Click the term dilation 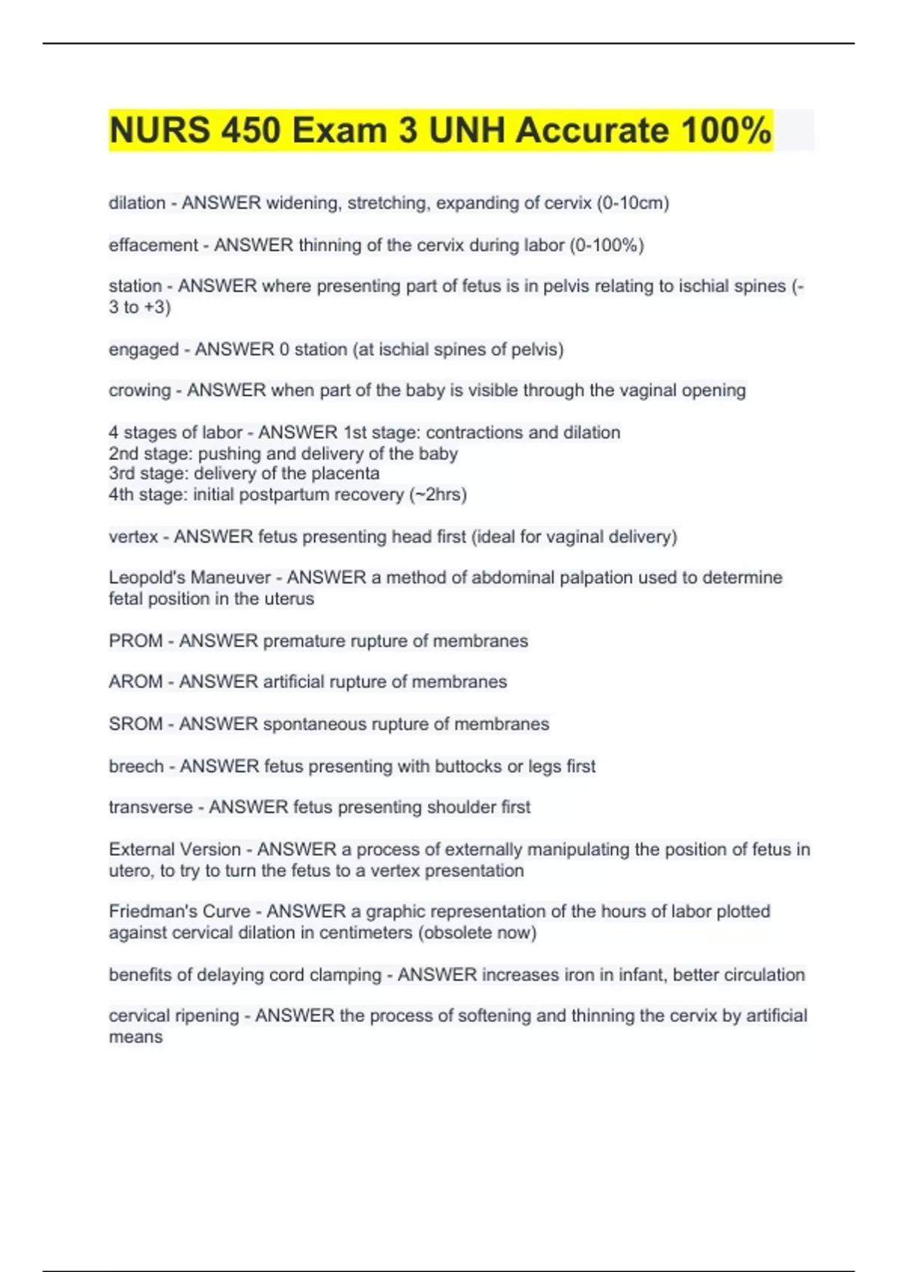(137, 203)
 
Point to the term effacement (153, 245)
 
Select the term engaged (144, 349)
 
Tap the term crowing (140, 391)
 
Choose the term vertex (133, 536)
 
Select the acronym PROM (135, 641)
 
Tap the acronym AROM (135, 682)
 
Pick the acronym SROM (135, 724)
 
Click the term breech (136, 766)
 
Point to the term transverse (150, 807)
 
